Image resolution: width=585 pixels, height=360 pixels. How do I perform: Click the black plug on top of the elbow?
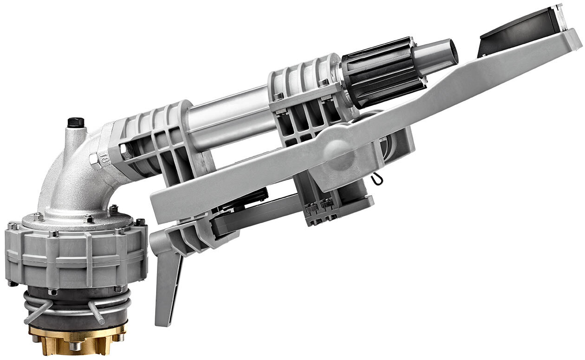point(76,122)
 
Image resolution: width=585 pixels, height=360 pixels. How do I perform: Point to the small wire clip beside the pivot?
point(377,179)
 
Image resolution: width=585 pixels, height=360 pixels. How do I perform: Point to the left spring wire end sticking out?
point(35,315)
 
